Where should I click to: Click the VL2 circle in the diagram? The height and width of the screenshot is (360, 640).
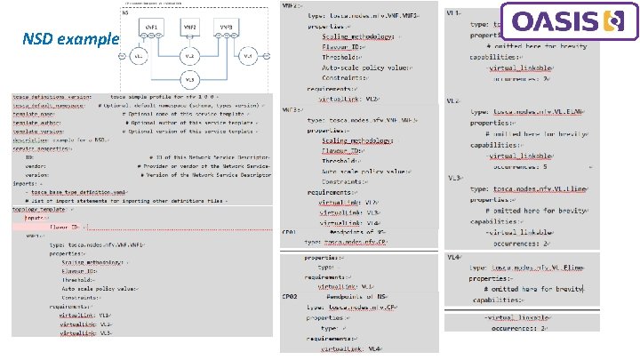[190, 56]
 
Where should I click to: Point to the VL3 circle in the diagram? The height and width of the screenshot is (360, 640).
[189, 79]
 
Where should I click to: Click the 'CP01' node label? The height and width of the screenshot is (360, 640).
[290, 232]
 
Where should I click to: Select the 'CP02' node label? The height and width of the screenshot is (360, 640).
[290, 295]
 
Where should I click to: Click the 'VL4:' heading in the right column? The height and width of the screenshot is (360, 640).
[453, 258]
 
